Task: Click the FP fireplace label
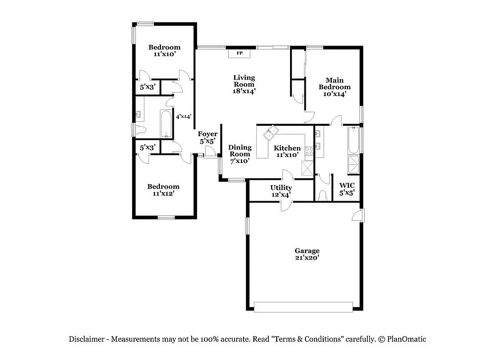coord(240,53)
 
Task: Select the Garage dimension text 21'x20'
coord(307,258)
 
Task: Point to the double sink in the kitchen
coord(271,133)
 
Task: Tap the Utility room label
coord(281,188)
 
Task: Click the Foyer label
coord(207,134)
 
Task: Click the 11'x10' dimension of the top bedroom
coord(164,54)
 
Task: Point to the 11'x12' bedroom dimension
coord(163,194)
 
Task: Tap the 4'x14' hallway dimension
coord(184,116)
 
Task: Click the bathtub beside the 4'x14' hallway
coord(165,124)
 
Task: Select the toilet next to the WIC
coord(323,195)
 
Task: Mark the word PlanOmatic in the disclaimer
coord(406,339)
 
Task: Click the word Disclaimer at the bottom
coord(87,339)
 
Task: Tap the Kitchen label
coord(287,148)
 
